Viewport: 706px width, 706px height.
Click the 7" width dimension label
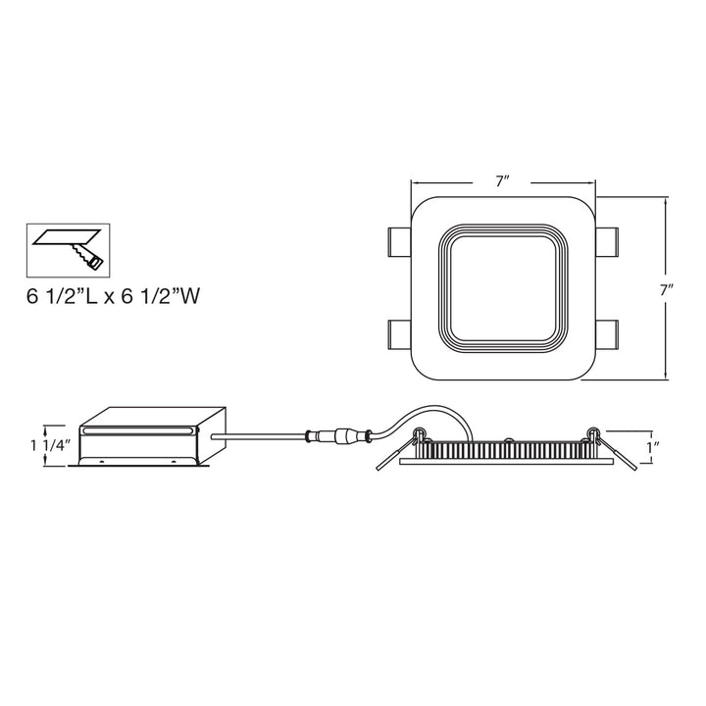pyautogui.click(x=503, y=181)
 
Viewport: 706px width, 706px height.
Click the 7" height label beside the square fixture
pyautogui.click(x=667, y=290)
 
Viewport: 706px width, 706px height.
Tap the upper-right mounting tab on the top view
pyautogui.click(x=606, y=238)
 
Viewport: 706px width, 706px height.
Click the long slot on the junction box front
pyautogui.click(x=141, y=429)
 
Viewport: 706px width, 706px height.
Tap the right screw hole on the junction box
pyautogui.click(x=176, y=460)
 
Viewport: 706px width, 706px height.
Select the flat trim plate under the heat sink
pyautogui.click(x=504, y=463)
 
